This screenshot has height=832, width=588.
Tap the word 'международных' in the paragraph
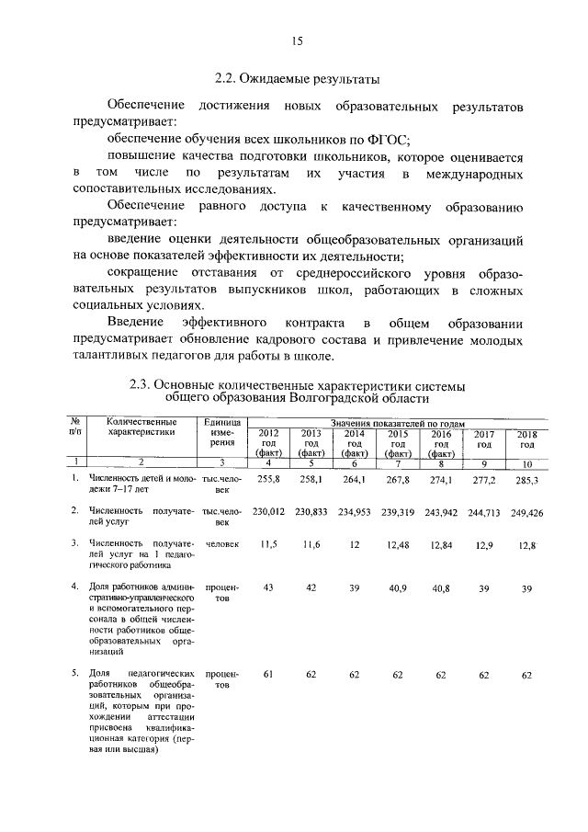click(474, 174)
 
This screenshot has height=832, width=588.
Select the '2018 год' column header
click(526, 437)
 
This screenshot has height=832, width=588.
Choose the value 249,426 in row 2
click(526, 510)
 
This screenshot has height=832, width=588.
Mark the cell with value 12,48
click(398, 544)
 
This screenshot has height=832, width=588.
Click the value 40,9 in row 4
click(398, 587)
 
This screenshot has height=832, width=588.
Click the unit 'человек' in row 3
click(222, 544)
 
